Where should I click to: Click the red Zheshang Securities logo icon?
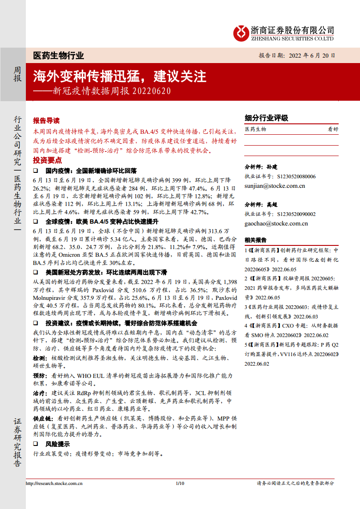click(241, 33)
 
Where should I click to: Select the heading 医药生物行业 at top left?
click(59, 56)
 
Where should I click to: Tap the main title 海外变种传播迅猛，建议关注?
click(119, 75)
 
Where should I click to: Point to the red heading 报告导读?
click(46, 121)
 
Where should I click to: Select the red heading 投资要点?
click(47, 161)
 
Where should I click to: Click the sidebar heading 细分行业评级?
click(266, 118)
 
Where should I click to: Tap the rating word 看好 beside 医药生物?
click(333, 129)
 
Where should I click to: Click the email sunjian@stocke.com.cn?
click(275, 186)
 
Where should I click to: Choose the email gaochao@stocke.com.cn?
click(276, 223)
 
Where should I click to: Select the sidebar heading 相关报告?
click(256, 240)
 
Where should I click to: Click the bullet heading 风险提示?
click(58, 444)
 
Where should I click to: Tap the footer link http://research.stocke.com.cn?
click(54, 483)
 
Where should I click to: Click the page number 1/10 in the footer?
click(180, 483)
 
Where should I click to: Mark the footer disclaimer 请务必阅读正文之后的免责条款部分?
click(295, 483)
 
